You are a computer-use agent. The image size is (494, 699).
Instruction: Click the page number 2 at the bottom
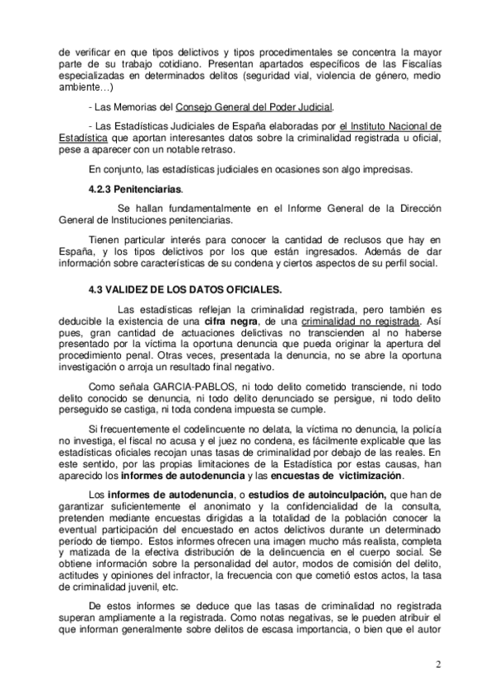pyautogui.click(x=439, y=664)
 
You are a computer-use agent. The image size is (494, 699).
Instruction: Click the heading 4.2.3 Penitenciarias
pyautogui.click(x=135, y=190)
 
